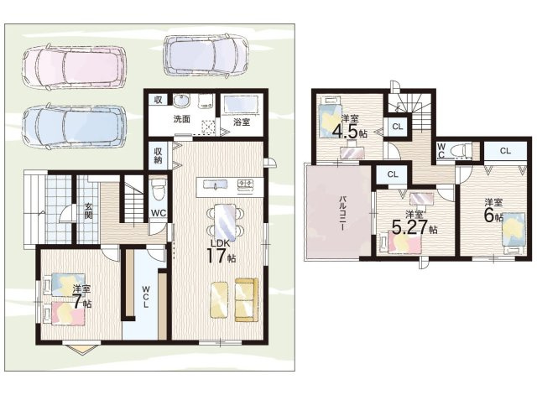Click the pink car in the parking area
coord(75,66)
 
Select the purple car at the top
coord(206,55)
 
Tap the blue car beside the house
coord(75,127)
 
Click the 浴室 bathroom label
coord(242,122)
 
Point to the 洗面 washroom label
coord(181,119)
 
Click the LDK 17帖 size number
coord(216,256)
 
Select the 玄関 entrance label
coord(88,210)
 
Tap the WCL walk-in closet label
coord(146,296)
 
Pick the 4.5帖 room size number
coord(345,131)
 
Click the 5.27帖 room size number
coord(409,227)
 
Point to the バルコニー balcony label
coord(342,212)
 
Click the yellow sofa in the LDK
coord(246,299)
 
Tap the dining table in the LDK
coord(225,222)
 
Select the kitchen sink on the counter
coord(216,185)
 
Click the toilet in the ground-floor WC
coord(158,190)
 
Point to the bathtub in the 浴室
coord(241,104)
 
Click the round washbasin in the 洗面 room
coord(180,101)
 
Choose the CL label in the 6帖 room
coord(505,151)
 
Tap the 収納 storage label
coord(158,156)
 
